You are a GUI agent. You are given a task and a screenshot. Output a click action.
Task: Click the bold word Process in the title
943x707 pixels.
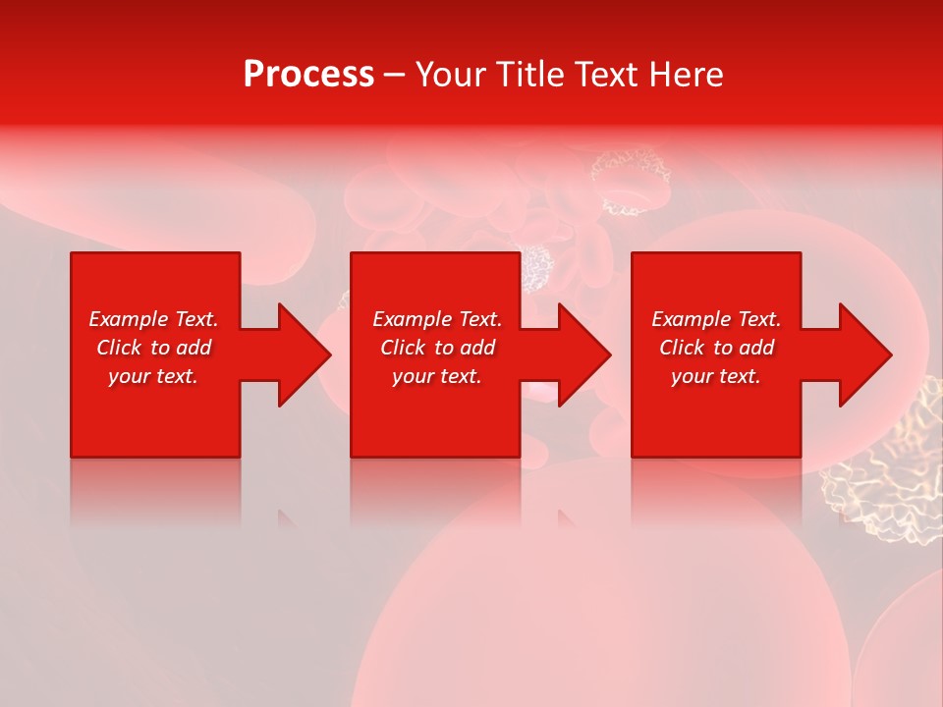[x=308, y=75]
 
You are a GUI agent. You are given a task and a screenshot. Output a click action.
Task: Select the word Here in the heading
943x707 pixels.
[x=687, y=75]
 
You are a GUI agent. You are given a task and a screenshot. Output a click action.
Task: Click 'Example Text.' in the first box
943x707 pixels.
[x=153, y=319]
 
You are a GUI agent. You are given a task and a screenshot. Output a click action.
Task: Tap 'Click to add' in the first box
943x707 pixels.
[x=153, y=348]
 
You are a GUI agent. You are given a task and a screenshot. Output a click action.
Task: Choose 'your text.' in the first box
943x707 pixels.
[x=153, y=376]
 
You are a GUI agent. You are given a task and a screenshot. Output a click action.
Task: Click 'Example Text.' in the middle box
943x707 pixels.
[x=437, y=319]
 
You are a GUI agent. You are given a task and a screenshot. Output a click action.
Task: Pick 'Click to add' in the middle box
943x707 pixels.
[x=437, y=348]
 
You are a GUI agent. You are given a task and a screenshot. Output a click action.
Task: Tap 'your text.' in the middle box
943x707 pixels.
[x=437, y=376]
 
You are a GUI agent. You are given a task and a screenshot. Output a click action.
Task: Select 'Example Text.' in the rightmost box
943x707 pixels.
[x=716, y=319]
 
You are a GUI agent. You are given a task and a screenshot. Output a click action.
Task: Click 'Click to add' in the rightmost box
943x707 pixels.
[x=716, y=348]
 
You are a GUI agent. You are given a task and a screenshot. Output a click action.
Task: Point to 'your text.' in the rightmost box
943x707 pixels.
[x=716, y=376]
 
